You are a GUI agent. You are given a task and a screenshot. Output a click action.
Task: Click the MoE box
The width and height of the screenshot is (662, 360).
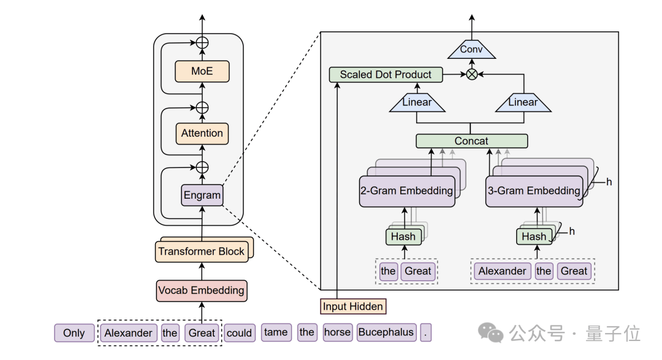pyautogui.click(x=202, y=71)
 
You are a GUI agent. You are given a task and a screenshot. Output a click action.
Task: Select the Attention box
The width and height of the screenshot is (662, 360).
pyautogui.click(x=202, y=134)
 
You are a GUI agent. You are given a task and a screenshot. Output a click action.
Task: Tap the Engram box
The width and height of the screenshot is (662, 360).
pyautogui.click(x=202, y=195)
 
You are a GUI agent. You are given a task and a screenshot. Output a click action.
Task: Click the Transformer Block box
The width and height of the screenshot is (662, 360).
pyautogui.click(x=202, y=252)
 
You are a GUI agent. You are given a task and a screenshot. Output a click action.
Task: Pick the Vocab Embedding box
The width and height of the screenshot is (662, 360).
pyautogui.click(x=202, y=291)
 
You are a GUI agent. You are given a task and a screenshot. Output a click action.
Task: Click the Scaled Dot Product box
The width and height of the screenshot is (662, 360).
pyautogui.click(x=386, y=75)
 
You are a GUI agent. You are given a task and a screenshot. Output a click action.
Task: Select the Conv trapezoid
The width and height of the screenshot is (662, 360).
pyautogui.click(x=471, y=50)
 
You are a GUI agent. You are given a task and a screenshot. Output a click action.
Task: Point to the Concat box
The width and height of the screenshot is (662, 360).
pyautogui.click(x=471, y=141)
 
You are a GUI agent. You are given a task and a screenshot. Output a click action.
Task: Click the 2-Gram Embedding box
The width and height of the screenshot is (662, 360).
pyautogui.click(x=407, y=191)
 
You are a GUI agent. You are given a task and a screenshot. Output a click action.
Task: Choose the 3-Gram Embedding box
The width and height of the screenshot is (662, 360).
pyautogui.click(x=534, y=191)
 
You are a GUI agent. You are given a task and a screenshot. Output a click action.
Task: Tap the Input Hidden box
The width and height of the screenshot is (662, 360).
pyautogui.click(x=353, y=307)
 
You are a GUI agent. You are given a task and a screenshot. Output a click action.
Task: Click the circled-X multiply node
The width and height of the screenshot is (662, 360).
pyautogui.click(x=471, y=75)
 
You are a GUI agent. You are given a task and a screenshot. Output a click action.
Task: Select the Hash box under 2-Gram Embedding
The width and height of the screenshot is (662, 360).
pyautogui.click(x=403, y=237)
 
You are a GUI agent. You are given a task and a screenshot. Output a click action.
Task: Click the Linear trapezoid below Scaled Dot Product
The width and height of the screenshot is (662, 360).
pyautogui.click(x=417, y=102)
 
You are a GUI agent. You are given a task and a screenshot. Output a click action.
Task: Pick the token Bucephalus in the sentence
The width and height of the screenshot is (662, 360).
pyautogui.click(x=386, y=332)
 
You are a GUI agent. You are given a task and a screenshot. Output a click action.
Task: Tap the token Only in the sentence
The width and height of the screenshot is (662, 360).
pyautogui.click(x=74, y=333)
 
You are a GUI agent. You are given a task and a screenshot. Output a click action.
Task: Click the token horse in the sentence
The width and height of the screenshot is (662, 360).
pyautogui.click(x=337, y=332)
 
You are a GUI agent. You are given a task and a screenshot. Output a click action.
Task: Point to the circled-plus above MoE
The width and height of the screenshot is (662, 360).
pyautogui.click(x=202, y=43)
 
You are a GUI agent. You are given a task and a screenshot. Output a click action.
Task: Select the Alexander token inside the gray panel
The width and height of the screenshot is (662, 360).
pyautogui.click(x=503, y=271)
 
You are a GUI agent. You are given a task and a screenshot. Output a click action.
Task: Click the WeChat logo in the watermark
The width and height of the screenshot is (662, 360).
pyautogui.click(x=490, y=332)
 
